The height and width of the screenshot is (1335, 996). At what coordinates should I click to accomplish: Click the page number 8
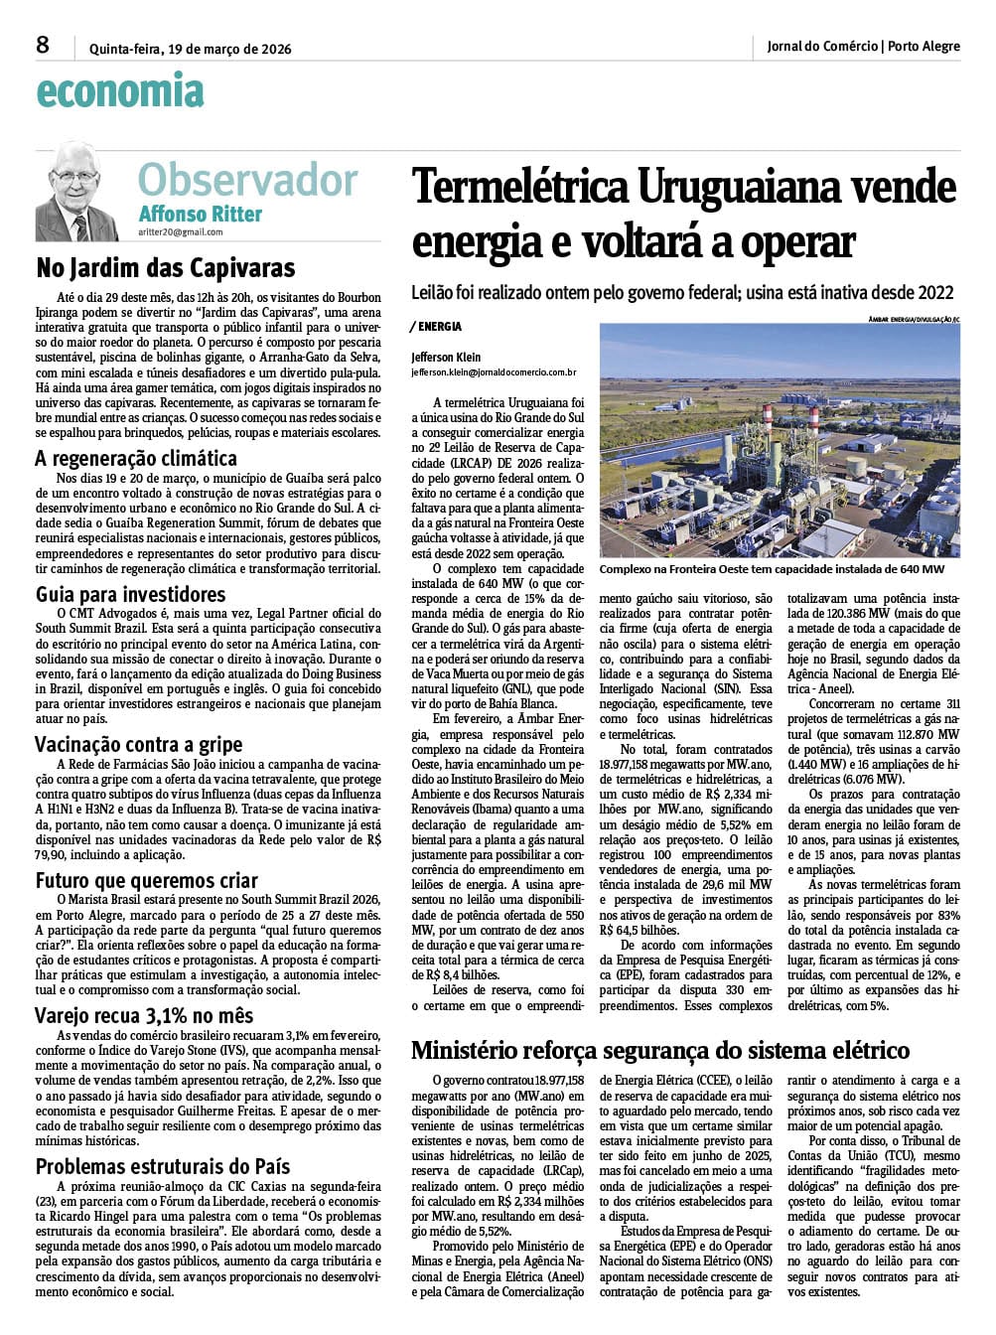pos(43,45)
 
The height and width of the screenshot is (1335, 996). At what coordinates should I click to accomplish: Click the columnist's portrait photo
pos(76,191)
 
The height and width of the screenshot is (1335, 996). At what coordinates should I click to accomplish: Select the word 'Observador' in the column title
pos(247,180)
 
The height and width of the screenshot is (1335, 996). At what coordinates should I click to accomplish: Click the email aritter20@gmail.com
pos(181,232)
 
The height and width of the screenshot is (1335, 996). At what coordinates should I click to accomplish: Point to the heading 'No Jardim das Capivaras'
pos(166,268)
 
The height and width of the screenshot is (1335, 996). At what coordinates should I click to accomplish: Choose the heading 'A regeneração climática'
pos(136,458)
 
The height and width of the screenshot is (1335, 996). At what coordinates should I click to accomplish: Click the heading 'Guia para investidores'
pos(131,594)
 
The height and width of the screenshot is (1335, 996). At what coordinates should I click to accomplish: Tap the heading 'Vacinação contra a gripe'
pos(138,744)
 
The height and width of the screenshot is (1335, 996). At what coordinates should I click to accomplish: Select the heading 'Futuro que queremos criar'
pos(147,880)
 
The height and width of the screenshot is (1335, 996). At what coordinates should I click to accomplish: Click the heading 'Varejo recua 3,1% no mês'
pos(145,1015)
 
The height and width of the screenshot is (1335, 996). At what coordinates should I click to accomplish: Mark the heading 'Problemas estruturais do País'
pos(163,1165)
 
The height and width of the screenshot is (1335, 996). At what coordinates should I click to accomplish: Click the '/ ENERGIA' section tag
pos(437,326)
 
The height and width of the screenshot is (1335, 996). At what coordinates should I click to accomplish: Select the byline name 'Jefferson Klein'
pos(446,358)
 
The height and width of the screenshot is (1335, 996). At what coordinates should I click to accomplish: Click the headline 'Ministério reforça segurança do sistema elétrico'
pos(660,1050)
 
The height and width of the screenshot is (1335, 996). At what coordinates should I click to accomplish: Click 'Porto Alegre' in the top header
pos(924,46)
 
